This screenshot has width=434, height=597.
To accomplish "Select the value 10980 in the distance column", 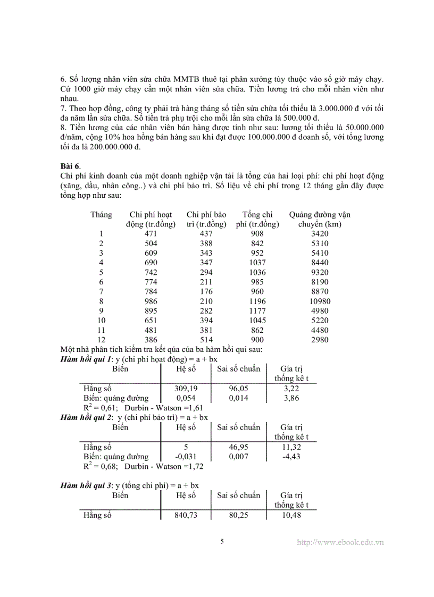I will [x=320, y=301].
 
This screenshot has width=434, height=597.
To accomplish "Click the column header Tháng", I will [x=101, y=215].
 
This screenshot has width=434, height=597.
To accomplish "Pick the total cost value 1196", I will [x=257, y=301].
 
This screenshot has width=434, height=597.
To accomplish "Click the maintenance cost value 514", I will [x=206, y=340].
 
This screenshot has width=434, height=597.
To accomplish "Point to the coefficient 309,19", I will [x=186, y=389].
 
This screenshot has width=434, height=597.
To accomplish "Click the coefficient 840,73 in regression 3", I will [x=186, y=515].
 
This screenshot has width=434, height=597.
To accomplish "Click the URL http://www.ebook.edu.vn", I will [x=340, y=542].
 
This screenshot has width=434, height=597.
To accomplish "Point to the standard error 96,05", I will [x=239, y=389].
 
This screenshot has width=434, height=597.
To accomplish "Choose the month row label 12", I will [x=101, y=340].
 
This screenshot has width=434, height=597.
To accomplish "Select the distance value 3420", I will [x=320, y=234].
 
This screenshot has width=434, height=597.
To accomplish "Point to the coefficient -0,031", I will [x=186, y=456].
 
